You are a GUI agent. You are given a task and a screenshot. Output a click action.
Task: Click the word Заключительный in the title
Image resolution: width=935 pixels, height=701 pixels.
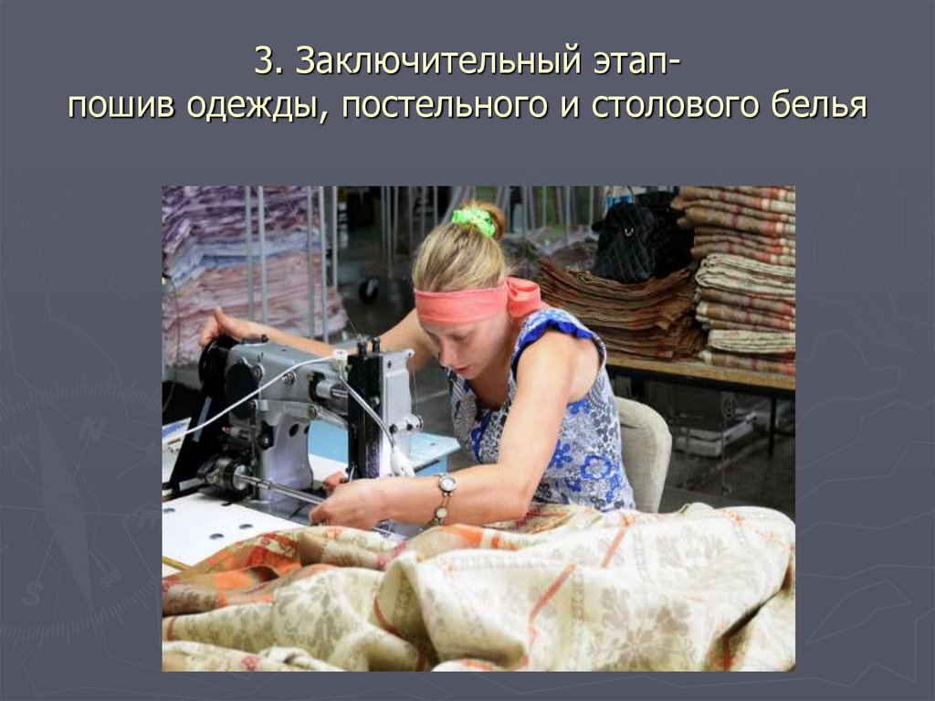pyautogui.click(x=437, y=64)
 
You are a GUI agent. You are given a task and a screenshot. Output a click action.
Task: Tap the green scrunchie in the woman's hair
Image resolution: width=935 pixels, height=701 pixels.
pyautogui.click(x=474, y=220)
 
